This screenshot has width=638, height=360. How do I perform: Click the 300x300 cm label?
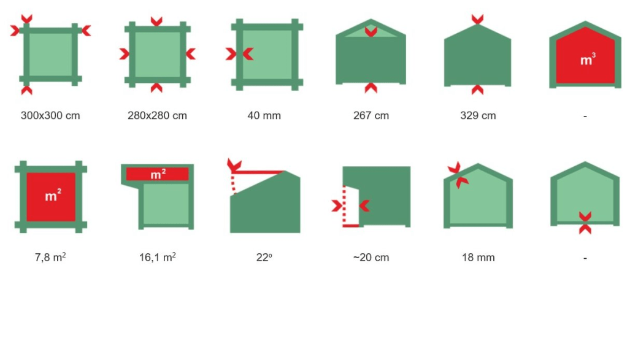[x=50, y=115]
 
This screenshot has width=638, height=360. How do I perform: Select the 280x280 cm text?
[x=157, y=115]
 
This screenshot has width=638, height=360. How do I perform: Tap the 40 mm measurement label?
[x=264, y=115]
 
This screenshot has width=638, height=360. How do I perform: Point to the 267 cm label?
[x=371, y=115]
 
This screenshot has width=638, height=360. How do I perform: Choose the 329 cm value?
[x=478, y=115]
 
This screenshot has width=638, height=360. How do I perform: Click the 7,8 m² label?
[x=50, y=257]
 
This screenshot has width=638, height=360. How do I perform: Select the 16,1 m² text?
[x=158, y=257]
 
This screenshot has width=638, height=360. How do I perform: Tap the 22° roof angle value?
[x=264, y=258]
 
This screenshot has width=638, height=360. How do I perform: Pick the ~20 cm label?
[x=371, y=258]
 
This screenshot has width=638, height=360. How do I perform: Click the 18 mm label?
[x=478, y=258]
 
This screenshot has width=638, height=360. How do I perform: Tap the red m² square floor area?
[x=51, y=197]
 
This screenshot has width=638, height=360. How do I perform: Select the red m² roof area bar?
[x=157, y=174]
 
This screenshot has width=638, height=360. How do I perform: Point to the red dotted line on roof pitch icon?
[x=233, y=184]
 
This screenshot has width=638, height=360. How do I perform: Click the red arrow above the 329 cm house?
[x=477, y=19]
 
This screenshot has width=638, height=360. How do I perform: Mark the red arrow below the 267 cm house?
[x=371, y=88]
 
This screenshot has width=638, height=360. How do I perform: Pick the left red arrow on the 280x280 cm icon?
[x=125, y=54]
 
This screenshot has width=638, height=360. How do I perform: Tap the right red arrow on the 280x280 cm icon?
[x=190, y=54]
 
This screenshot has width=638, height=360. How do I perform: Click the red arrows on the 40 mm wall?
[x=239, y=54]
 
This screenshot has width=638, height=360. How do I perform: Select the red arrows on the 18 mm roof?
[x=458, y=175]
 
